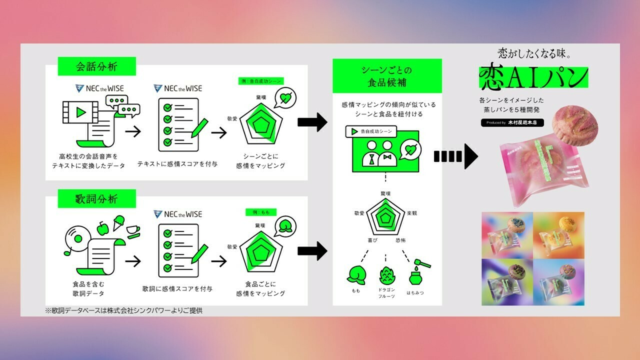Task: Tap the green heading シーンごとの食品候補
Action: [387, 76]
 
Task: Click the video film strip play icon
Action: [80, 112]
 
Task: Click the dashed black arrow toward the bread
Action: [455, 156]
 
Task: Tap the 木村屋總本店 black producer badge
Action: [512, 122]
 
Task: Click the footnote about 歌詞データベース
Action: [124, 310]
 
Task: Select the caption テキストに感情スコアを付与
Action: [177, 164]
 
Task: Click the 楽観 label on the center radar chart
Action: [412, 213]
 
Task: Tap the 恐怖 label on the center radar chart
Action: [400, 240]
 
